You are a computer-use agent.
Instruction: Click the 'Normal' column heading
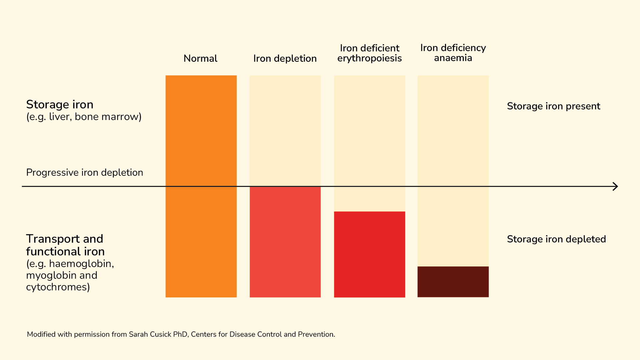[200, 59]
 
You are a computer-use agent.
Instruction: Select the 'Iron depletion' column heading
[285, 59]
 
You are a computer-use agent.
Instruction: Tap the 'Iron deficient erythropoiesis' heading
[369, 53]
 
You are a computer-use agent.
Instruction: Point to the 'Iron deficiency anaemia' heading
[453, 53]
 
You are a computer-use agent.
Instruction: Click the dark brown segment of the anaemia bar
[453, 282]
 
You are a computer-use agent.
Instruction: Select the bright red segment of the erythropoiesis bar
[369, 254]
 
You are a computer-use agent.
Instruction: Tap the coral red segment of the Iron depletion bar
[285, 242]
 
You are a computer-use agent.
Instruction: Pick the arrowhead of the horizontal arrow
[615, 186]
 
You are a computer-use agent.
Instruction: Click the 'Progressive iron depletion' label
[85, 173]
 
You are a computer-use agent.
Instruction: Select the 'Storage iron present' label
[553, 106]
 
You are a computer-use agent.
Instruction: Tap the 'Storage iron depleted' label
[556, 239]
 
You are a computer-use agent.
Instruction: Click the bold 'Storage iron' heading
[60, 105]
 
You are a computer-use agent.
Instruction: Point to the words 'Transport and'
[65, 239]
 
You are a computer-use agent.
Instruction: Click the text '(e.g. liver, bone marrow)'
[84, 117]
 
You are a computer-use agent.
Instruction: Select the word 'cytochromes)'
[58, 287]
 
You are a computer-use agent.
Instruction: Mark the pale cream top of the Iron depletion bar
[285, 130]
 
